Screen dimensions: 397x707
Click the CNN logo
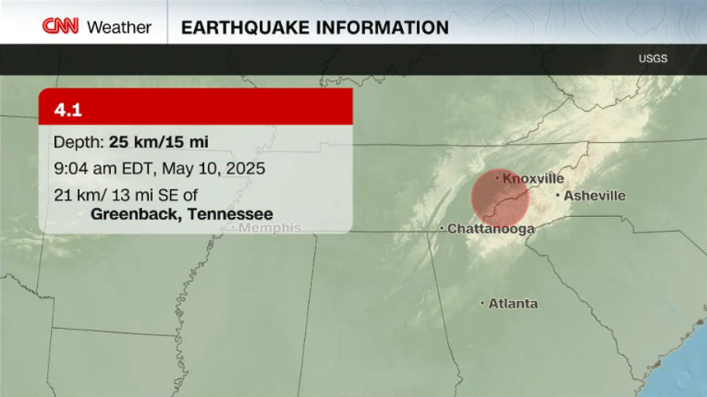tap(60, 26)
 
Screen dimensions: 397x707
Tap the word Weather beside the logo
tap(119, 27)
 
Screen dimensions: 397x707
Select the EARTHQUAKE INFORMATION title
tap(315, 27)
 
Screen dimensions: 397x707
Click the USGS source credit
tap(653, 58)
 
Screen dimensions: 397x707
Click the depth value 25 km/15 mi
tap(159, 141)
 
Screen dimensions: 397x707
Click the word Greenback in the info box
tap(135, 214)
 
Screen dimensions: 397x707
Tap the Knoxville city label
tap(533, 178)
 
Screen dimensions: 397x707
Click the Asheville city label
tap(594, 196)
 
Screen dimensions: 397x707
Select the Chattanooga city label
tap(491, 229)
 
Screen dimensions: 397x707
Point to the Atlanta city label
tap(513, 303)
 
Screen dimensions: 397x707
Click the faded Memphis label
tap(270, 228)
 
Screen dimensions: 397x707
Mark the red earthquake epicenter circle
tap(500, 198)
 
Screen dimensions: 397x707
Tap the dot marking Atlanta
tap(483, 303)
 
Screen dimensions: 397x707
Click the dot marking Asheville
tap(558, 196)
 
